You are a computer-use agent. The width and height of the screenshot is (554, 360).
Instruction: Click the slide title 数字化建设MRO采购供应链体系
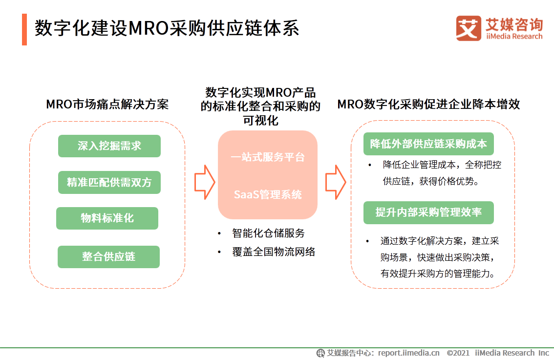pyautogui.click(x=167, y=29)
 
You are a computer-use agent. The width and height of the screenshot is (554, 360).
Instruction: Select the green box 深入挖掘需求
pyautogui.click(x=109, y=146)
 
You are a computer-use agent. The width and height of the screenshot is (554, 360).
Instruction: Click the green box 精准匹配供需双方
pyautogui.click(x=109, y=183)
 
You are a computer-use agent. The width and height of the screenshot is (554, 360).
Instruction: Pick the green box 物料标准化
pyautogui.click(x=107, y=218)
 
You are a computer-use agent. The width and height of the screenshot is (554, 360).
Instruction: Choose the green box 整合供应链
pyautogui.click(x=109, y=257)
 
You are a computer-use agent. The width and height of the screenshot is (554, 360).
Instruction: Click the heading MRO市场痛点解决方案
pyautogui.click(x=107, y=105)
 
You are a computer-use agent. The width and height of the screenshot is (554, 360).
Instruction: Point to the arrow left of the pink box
pyautogui.click(x=204, y=182)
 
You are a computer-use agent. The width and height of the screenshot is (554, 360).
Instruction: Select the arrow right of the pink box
pyautogui.click(x=336, y=182)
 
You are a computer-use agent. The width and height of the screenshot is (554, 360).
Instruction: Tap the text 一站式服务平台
pyautogui.click(x=268, y=157)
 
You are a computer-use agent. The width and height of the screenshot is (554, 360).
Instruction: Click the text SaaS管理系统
pyautogui.click(x=268, y=195)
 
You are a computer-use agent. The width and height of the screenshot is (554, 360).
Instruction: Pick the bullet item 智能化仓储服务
pyautogui.click(x=268, y=233)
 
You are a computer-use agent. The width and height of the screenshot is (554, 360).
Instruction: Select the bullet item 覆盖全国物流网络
pyautogui.click(x=274, y=252)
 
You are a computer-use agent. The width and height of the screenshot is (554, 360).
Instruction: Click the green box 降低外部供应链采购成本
pyautogui.click(x=428, y=144)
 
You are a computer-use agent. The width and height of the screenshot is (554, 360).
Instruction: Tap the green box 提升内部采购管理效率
pyautogui.click(x=428, y=212)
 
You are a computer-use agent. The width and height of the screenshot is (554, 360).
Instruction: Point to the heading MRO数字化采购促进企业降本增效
pyautogui.click(x=428, y=105)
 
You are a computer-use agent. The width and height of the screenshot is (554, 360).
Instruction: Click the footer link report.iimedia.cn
pyautogui.click(x=409, y=353)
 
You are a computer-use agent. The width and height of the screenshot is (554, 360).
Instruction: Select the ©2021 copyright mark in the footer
pyautogui.click(x=458, y=353)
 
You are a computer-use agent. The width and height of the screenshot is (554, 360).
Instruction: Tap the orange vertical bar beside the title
pyautogui.click(x=24, y=29)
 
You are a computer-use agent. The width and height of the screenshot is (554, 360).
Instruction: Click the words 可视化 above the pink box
pyautogui.click(x=261, y=120)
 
